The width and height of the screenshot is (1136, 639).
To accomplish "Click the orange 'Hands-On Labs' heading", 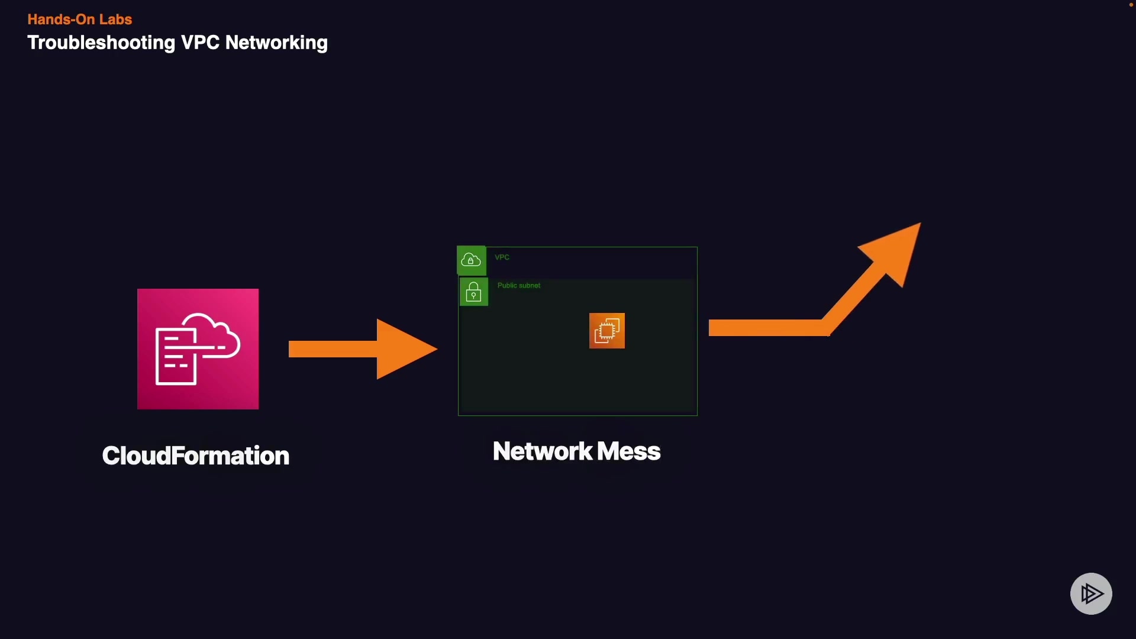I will click(79, 20).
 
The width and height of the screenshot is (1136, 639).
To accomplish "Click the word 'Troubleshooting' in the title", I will click(101, 43).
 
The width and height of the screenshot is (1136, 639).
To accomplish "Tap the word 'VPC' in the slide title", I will click(200, 43).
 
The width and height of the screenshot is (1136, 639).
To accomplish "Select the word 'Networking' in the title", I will click(276, 43).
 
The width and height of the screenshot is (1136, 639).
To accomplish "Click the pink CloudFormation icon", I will click(198, 349).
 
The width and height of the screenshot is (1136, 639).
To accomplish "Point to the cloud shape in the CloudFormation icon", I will click(213, 334).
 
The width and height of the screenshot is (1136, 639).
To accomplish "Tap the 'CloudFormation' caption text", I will click(195, 456).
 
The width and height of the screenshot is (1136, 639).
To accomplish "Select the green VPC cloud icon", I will click(471, 260).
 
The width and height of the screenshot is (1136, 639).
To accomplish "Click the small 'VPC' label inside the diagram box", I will click(502, 257).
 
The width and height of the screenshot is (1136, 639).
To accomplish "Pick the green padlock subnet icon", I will click(473, 292).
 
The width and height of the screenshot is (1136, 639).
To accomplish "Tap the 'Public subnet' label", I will click(519, 286).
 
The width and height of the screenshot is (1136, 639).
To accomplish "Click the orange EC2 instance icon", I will click(607, 331).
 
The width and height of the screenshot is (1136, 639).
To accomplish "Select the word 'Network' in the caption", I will click(543, 451).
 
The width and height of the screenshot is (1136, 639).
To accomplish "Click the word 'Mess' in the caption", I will click(628, 451).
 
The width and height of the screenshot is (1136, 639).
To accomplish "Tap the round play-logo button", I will click(1091, 593).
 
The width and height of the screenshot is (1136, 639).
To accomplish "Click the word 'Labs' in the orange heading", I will click(115, 20).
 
